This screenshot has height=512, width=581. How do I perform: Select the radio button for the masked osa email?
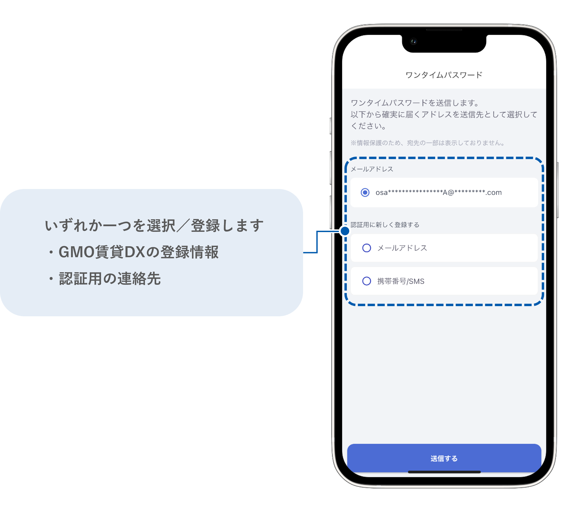pos(365,193)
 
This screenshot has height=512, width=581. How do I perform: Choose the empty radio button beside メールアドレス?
pos(366,248)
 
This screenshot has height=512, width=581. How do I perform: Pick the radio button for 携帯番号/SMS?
pos(366,281)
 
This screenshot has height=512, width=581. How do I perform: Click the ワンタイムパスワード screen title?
pos(444,75)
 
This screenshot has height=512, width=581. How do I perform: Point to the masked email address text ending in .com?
pos(438,193)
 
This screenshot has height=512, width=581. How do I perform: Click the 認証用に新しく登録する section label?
pos(384,225)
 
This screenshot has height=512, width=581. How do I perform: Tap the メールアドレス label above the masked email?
pos(372,169)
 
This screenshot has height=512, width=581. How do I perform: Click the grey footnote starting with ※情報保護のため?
pos(428,143)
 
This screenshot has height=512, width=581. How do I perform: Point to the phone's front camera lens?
pos(413,41)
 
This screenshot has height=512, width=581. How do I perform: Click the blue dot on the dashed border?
pos(345,231)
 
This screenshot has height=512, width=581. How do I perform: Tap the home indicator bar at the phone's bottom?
pos(444,472)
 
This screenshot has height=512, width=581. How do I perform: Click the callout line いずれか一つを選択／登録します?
pos(154,225)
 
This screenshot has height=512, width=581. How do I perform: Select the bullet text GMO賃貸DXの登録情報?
pos(138,252)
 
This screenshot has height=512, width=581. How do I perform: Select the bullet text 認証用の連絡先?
pos(110,278)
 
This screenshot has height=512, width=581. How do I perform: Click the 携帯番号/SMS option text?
pos(401,281)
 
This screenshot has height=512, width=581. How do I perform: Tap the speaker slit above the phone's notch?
pos(444,30)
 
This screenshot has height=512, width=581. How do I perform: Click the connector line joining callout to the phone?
pos(319,242)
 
